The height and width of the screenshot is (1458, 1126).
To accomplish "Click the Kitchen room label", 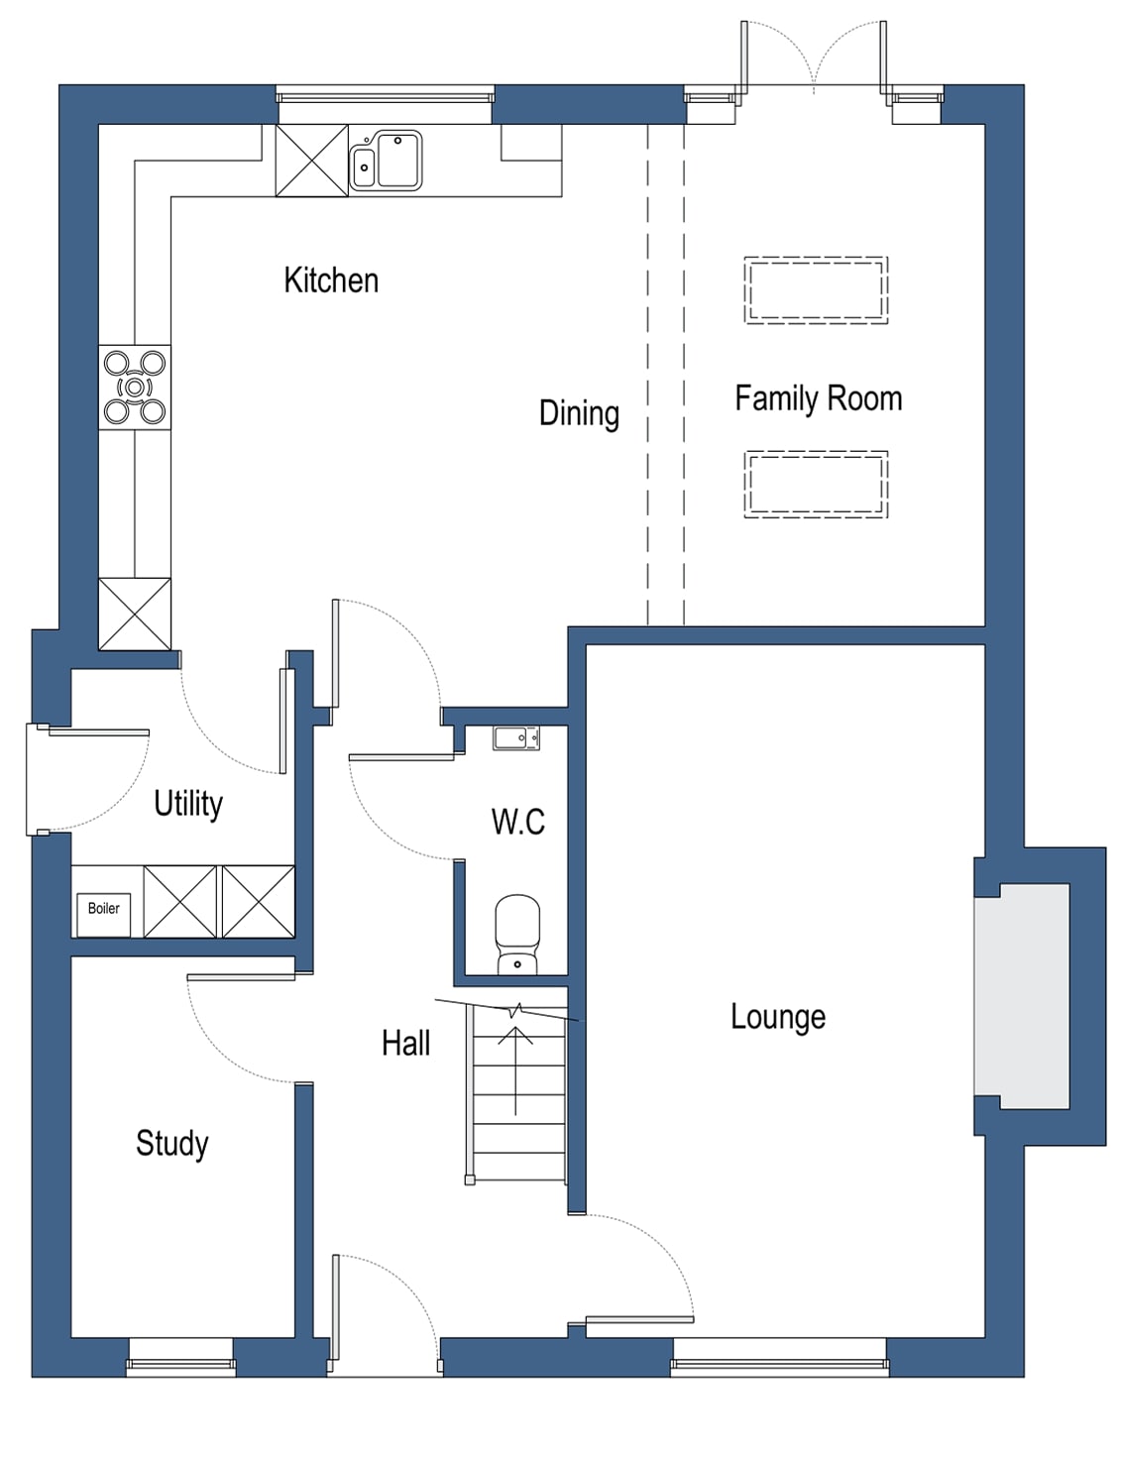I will (x=331, y=280).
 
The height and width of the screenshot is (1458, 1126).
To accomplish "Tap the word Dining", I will (x=579, y=413).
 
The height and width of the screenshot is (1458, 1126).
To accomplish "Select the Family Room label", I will (x=818, y=398).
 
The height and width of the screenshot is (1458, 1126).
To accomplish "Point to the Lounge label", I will (x=778, y=1017).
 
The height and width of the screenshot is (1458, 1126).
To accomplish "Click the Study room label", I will (x=172, y=1143).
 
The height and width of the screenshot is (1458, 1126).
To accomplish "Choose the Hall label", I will (x=406, y=1043).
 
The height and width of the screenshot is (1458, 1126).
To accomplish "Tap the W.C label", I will (x=517, y=822).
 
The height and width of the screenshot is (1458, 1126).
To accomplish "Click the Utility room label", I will (x=188, y=803).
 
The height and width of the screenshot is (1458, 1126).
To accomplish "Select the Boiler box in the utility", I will (x=103, y=909).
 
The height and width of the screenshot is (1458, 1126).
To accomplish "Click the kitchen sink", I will (x=386, y=161).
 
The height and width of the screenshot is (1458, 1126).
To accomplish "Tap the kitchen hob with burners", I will (x=135, y=388).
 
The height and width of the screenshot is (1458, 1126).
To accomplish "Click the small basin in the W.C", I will (x=516, y=737).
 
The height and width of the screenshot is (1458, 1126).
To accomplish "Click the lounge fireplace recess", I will (x=1022, y=995).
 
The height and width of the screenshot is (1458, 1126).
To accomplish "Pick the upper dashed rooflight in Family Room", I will (x=816, y=290).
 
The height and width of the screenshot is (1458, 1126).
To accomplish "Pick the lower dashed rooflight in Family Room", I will (x=816, y=485).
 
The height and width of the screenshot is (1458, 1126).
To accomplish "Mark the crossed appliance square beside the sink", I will (x=312, y=161).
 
